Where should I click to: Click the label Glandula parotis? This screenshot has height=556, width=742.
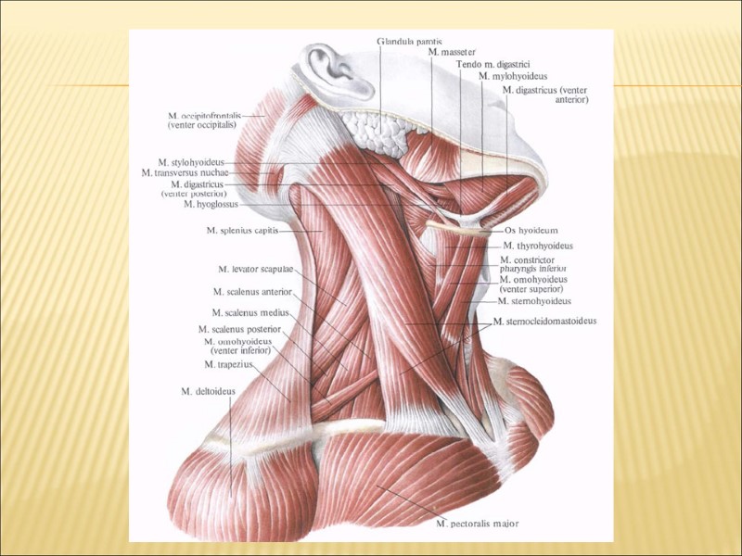[x=410, y=41]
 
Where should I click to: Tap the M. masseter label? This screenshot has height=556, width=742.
[x=451, y=53]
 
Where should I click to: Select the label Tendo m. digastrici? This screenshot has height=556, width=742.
[x=493, y=65]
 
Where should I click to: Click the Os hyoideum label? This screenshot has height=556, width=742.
[x=531, y=230]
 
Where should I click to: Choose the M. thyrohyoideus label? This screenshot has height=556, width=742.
[x=538, y=246]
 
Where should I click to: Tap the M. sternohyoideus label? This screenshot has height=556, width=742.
[x=534, y=301]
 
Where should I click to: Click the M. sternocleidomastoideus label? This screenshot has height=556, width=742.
[x=544, y=322]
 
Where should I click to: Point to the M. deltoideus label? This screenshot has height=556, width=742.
[x=208, y=392]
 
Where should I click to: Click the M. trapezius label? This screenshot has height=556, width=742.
[x=228, y=364]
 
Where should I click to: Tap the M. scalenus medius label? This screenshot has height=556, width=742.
[x=244, y=313]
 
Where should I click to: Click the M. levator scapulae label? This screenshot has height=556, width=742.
[x=256, y=269]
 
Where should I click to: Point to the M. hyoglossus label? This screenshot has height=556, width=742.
[x=211, y=205]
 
